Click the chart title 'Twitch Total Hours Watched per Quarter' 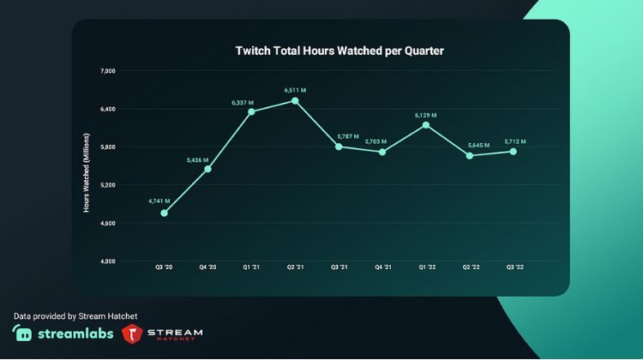point(340,51)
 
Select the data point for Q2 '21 point(295,100)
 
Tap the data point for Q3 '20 point(164,213)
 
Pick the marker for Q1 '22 point(426,125)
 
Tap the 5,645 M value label point(471,145)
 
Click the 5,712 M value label point(513,141)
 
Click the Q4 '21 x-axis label point(382,267)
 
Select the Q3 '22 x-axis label point(513,267)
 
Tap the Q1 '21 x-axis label point(251,267)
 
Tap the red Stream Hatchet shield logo point(132,334)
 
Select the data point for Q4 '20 point(207,169)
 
